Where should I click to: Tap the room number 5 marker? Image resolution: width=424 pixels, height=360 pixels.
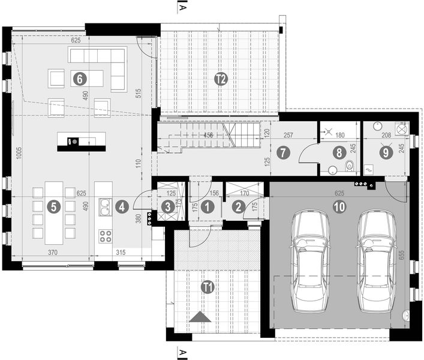click(x=55, y=207)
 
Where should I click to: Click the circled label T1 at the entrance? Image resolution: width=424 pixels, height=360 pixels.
click(x=208, y=287)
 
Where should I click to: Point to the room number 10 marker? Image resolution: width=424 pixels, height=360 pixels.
click(x=339, y=207)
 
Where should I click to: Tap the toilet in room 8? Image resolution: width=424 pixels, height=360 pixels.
click(x=351, y=165)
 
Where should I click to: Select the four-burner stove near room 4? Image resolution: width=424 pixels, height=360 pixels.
click(x=106, y=235)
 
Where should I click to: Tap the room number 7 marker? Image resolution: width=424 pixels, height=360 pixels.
click(x=285, y=152)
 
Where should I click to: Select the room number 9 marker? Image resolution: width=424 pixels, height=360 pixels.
click(x=386, y=152)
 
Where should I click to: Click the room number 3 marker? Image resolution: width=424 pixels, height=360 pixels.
click(x=169, y=207)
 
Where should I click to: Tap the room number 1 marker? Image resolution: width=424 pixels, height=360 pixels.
click(x=207, y=207)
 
